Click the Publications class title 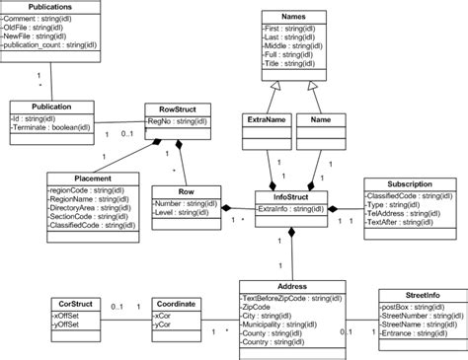(x=50, y=7)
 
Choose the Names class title (x=293, y=16)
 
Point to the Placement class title (x=92, y=179)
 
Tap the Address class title (x=292, y=286)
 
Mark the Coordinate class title (x=179, y=304)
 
